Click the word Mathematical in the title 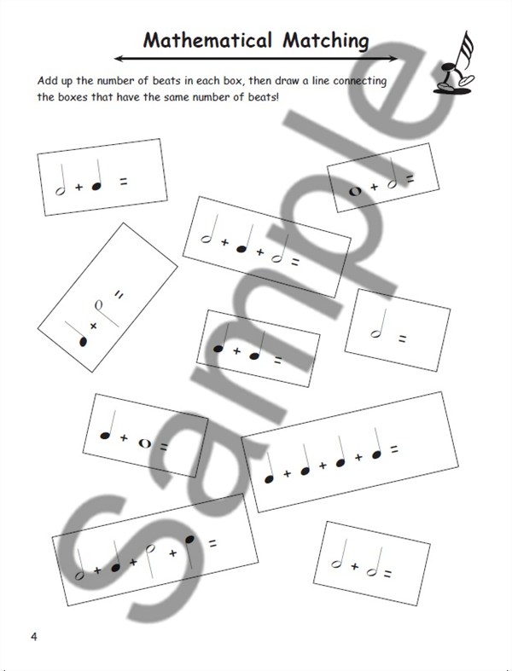click(207, 41)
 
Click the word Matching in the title click(326, 42)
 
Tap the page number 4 click(34, 636)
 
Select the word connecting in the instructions click(359, 81)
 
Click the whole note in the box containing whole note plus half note click(355, 191)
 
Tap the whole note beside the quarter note click(145, 443)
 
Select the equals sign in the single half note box click(402, 339)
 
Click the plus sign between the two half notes click(354, 567)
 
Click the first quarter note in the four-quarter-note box click(269, 468)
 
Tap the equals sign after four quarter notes click(394, 449)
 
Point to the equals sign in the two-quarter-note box click(277, 361)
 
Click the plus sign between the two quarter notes click(236, 351)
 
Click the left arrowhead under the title click(119, 59)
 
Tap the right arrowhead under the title click(393, 59)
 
